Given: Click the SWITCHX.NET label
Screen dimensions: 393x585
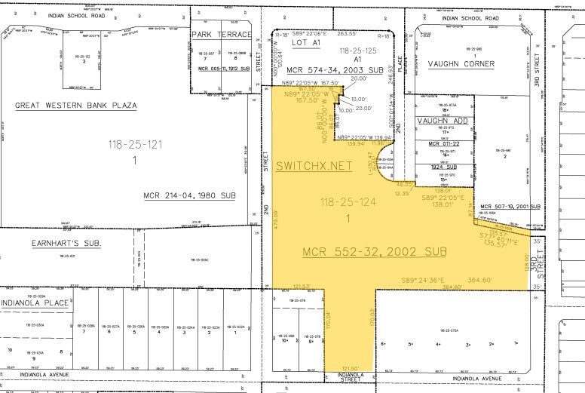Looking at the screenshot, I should coord(314,166).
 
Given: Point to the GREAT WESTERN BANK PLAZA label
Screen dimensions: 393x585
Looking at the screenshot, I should coord(76,106).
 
